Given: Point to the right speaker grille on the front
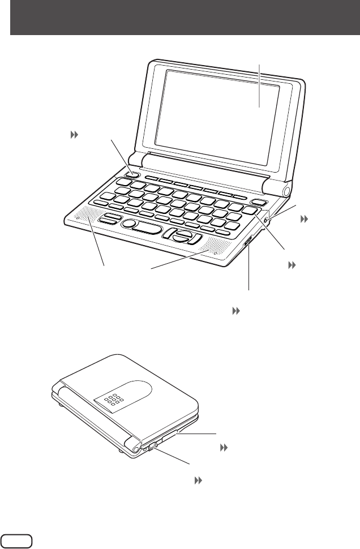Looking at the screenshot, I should pyautogui.click(x=215, y=248).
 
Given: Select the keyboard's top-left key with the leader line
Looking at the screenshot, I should pyautogui.click(x=131, y=173).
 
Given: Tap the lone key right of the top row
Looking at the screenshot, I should pyautogui.click(x=258, y=203).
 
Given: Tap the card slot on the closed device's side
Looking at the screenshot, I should pyautogui.click(x=168, y=437).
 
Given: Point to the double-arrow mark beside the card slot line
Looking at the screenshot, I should pyautogui.click(x=224, y=447).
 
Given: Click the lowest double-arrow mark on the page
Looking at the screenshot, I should pyautogui.click(x=199, y=479).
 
